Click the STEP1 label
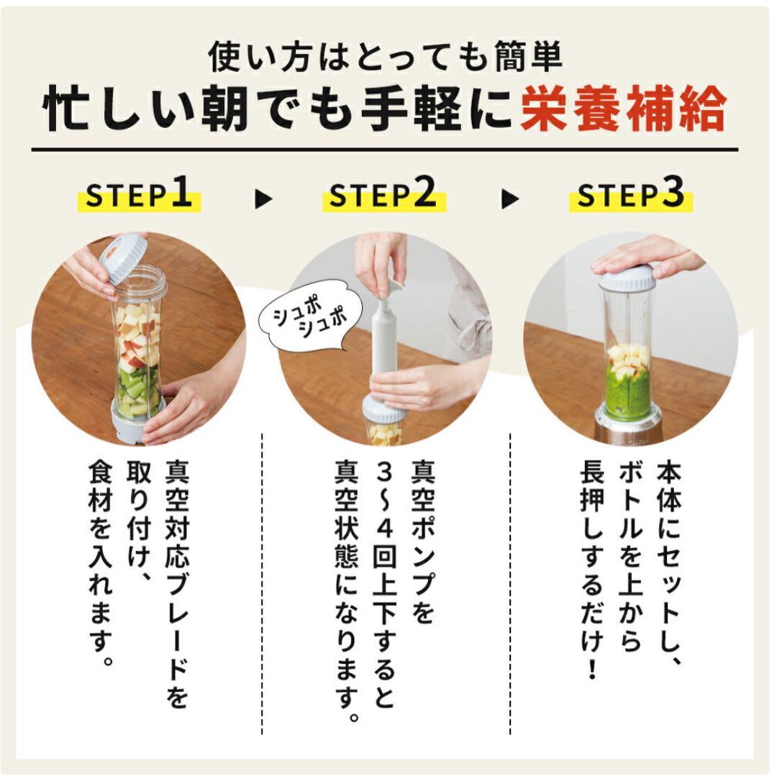click(x=140, y=196)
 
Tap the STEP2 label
click(x=383, y=196)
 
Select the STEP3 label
click(x=630, y=196)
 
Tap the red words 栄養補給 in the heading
click(x=623, y=109)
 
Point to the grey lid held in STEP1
click(x=124, y=257)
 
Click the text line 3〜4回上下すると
click(x=384, y=583)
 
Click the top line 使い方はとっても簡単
click(x=385, y=58)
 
